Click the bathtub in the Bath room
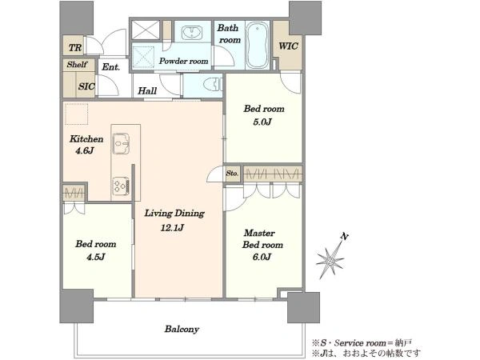pos(258,45)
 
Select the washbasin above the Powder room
pos(192,33)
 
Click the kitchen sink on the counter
pos(122,143)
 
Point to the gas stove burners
pos(122,186)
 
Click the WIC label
pos(288,46)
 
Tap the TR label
pos(75,48)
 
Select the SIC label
pos(86,86)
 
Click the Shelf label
pos(77,64)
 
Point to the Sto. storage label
pos(232,174)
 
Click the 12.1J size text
pos(172,228)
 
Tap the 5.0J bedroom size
pos(262,122)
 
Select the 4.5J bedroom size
pos(95,257)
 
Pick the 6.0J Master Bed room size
pos(262,257)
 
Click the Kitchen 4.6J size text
pos(84,150)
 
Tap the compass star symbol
pos(330,261)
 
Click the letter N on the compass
pos(345,237)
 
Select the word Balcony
pos(182,330)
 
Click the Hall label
pos(147,90)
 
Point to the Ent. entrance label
pos(110,66)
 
